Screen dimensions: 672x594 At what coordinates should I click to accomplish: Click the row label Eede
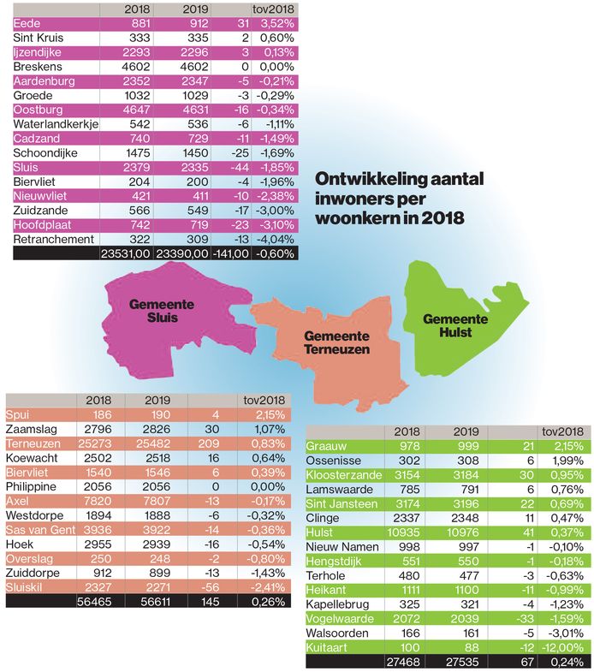(x=28, y=23)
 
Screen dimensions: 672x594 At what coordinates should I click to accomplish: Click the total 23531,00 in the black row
(x=127, y=253)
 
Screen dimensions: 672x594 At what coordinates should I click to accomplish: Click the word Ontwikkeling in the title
(x=363, y=181)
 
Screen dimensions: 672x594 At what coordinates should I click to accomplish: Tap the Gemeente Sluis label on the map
(x=161, y=312)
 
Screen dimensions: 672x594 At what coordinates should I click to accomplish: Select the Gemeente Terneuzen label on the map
(x=336, y=342)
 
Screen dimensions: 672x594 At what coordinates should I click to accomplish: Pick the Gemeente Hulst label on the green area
(x=455, y=325)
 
